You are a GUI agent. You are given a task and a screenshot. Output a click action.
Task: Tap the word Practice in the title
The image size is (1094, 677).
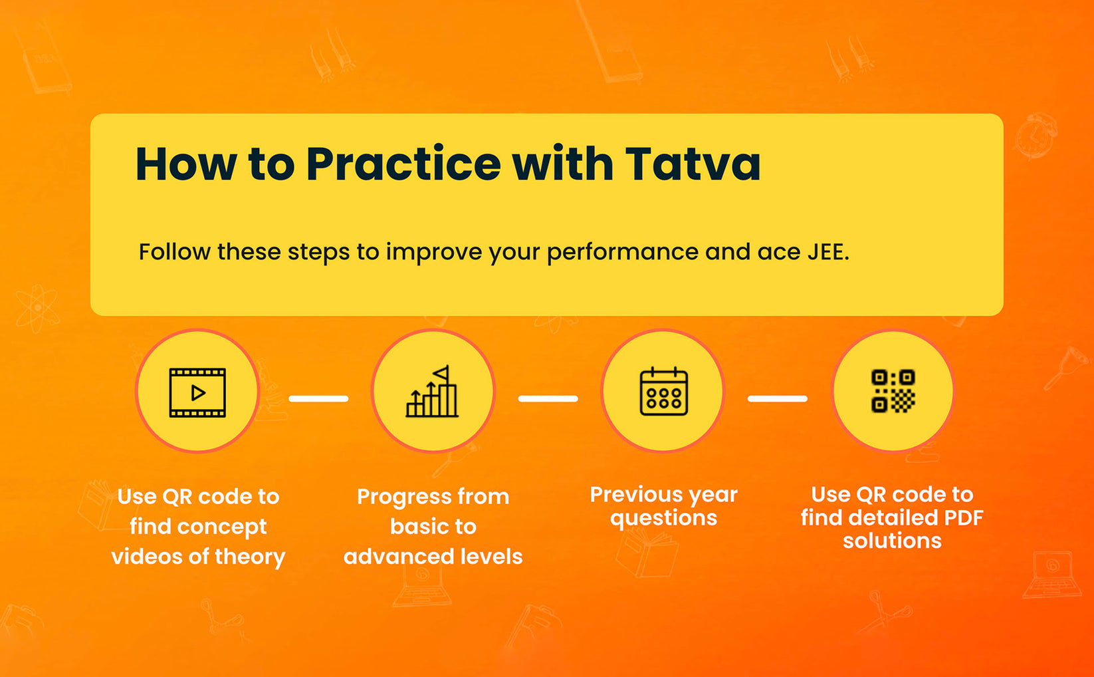coord(403,164)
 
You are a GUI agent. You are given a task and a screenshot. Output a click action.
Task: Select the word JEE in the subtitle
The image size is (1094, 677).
coord(827,252)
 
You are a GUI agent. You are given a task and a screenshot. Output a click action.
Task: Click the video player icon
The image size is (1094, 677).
coord(197,392)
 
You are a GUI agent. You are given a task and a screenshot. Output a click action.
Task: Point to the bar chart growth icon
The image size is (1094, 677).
coord(432,392)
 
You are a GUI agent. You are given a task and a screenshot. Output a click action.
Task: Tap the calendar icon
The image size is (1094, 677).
coord(663,392)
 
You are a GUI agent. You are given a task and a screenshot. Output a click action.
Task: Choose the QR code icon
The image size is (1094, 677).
coord(893,391)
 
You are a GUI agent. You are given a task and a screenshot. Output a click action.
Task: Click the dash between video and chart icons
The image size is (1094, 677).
coord(318,398)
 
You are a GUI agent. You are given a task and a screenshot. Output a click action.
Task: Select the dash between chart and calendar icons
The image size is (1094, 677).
coord(548,398)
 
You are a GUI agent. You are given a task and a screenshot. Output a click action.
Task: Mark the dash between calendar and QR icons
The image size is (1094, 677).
coord(777,398)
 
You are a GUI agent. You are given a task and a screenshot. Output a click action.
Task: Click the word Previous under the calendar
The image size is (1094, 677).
coord(635,494)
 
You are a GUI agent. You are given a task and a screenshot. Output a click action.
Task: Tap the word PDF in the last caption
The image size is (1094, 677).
coord(963,517)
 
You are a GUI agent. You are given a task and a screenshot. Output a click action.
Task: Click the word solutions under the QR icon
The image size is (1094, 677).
coord(892,541)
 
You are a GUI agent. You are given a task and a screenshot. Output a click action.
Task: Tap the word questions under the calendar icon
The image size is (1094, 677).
coord(663,518)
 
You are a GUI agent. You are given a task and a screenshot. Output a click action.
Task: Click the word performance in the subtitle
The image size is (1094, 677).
coord(622,253)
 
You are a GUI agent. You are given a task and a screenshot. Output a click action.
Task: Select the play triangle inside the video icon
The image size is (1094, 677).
coord(198,393)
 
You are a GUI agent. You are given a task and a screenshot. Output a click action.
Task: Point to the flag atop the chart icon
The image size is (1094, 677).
coord(441,372)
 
